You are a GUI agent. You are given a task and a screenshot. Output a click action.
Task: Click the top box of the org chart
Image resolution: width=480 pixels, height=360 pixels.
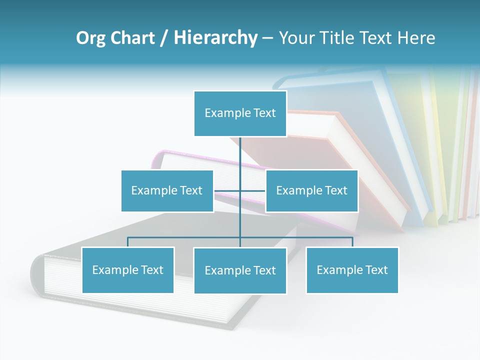click(240, 113)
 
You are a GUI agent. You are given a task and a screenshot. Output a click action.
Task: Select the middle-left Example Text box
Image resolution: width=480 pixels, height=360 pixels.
click(167, 190)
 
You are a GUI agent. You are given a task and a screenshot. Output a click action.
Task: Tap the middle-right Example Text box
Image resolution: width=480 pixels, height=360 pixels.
click(311, 190)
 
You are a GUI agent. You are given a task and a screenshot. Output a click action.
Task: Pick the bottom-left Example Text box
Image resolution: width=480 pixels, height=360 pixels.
click(127, 270)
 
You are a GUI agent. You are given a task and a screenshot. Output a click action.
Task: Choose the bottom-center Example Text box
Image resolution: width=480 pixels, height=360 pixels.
click(240, 270)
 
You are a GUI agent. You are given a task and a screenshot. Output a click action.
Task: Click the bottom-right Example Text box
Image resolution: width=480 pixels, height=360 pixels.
click(352, 270)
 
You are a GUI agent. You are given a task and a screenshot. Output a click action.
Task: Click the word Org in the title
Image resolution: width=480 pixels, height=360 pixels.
click(90, 38)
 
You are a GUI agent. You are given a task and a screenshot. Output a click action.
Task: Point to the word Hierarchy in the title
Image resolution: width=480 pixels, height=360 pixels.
click(215, 38)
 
